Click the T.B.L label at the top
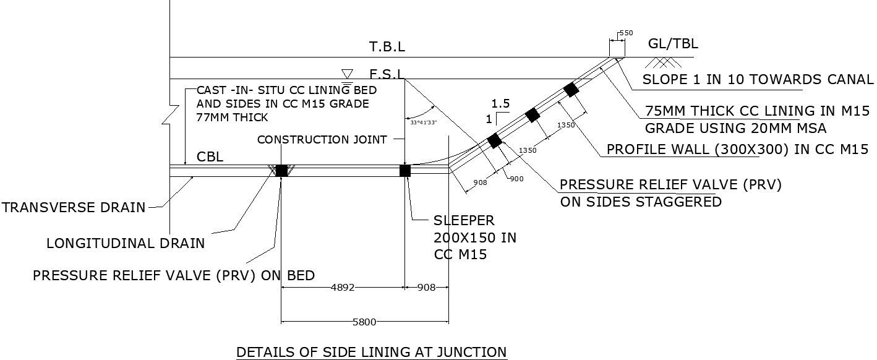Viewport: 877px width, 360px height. [387, 46]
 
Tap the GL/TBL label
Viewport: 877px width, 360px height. [673, 44]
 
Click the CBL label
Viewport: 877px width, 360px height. [210, 157]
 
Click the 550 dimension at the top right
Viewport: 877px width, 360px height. [625, 32]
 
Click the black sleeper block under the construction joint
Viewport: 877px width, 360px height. [405, 171]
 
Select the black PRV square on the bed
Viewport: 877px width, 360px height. [281, 171]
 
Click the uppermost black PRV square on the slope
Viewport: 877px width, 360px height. [571, 90]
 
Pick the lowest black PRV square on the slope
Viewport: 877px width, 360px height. [494, 141]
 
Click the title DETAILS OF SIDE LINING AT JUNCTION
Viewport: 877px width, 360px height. [372, 352]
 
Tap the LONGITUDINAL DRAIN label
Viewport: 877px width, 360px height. [126, 243]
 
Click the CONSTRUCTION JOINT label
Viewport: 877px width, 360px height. [322, 140]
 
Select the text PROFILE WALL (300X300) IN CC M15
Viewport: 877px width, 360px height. [738, 149]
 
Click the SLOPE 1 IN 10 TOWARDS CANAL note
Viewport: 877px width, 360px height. [758, 79]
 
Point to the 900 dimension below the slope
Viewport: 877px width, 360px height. [517, 178]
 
